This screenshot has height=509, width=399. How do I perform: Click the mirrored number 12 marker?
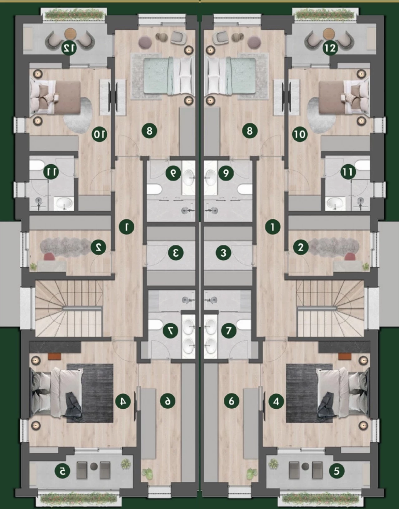(x=69, y=48)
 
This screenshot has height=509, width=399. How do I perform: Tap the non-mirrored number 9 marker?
(x=226, y=173)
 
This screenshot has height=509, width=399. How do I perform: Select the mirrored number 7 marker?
(x=170, y=330)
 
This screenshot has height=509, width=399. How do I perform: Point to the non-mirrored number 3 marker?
(x=223, y=253)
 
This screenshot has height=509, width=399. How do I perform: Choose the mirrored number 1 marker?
(x=127, y=227)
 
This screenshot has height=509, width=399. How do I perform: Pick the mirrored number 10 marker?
(x=99, y=134)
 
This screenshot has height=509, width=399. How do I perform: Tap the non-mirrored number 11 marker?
(x=348, y=172)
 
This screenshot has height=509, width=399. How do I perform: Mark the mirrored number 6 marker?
(x=168, y=401)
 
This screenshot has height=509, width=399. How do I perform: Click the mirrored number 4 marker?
(x=123, y=401)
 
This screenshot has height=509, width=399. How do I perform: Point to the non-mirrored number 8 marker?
(x=250, y=131)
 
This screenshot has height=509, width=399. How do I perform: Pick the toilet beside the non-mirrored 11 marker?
(x=362, y=165)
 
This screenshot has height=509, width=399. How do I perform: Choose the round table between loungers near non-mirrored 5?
(x=306, y=466)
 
